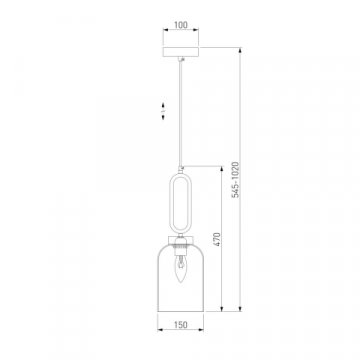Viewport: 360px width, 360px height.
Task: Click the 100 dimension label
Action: [181, 25]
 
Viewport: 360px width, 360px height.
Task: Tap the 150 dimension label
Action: [181, 325]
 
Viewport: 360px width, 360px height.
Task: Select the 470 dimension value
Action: [217, 239]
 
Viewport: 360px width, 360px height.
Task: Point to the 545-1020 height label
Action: [236, 180]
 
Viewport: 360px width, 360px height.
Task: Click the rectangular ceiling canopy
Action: [181, 52]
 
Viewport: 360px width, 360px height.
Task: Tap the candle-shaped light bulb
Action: [180, 268]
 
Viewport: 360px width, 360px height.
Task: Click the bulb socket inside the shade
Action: [180, 248]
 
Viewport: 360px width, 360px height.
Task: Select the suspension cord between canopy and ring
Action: [181, 113]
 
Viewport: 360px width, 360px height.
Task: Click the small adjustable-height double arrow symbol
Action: [163, 110]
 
